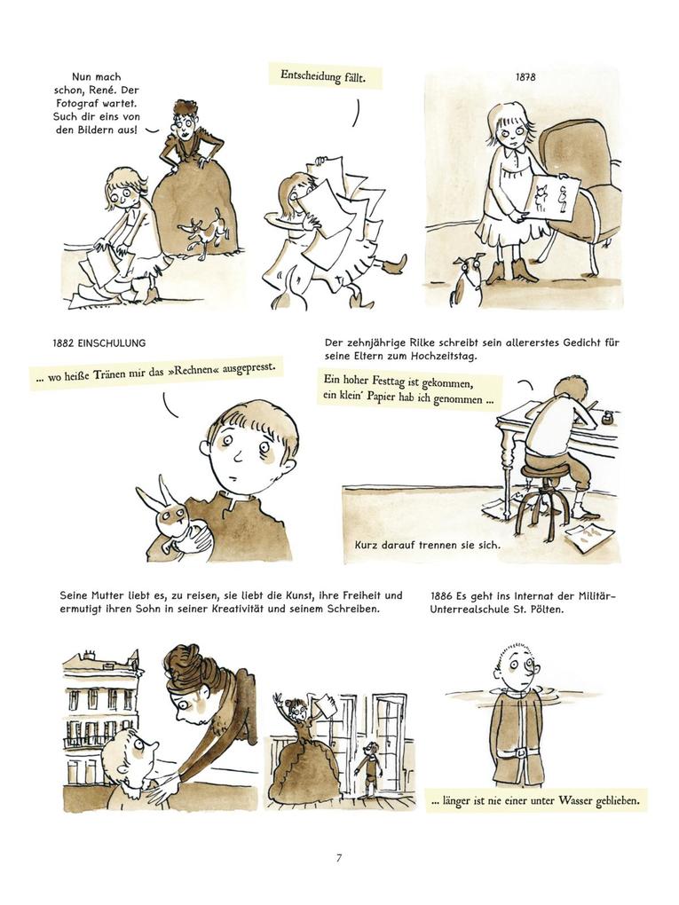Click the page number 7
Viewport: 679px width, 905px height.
point(339,858)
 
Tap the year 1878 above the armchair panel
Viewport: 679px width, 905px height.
point(525,77)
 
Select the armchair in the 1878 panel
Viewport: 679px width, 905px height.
point(580,191)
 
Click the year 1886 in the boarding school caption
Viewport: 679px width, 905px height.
point(441,595)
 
